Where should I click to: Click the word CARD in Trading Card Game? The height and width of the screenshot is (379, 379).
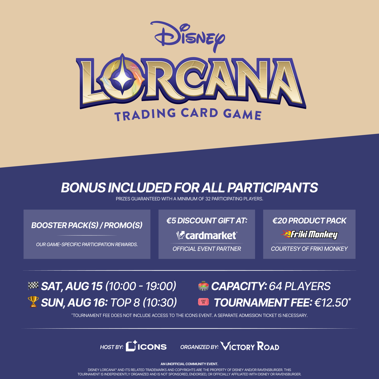[x=199, y=113]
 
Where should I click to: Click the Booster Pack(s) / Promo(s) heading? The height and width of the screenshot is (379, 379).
[x=87, y=225]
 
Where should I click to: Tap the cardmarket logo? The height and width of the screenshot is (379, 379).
[x=207, y=235]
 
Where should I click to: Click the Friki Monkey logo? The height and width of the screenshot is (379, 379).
[x=309, y=234]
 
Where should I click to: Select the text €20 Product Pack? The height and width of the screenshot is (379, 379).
[x=309, y=221]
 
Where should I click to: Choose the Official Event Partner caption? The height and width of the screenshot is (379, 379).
[x=207, y=249]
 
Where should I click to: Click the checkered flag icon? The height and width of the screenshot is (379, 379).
[x=33, y=286]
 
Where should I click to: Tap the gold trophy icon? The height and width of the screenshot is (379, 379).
[x=33, y=302]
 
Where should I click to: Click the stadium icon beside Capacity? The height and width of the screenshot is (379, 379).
[x=204, y=286]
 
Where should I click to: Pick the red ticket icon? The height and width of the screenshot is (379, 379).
[x=204, y=302]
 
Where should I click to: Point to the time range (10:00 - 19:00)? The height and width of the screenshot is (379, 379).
[x=141, y=286]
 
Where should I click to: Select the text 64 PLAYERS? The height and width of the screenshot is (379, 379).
[x=300, y=286]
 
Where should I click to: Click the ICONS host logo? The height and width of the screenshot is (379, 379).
[x=146, y=346]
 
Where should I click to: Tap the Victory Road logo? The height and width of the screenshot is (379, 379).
[x=250, y=346]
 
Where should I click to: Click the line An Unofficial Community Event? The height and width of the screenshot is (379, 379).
[x=189, y=364]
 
